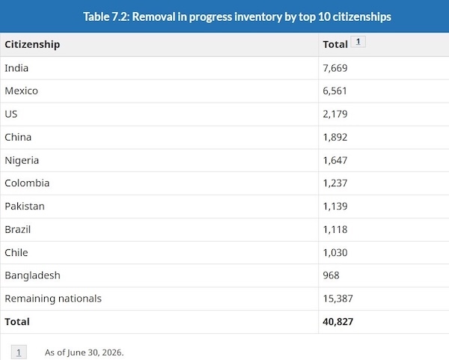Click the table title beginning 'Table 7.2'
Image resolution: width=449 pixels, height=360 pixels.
[237, 16]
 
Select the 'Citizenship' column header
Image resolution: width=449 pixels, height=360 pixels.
[32, 45]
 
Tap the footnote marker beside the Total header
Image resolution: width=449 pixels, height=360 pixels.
[358, 42]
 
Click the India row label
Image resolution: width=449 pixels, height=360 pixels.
[16, 68]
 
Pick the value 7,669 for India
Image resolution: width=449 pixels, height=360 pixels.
[335, 68]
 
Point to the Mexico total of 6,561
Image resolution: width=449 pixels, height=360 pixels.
[335, 91]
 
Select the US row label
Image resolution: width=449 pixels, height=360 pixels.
[11, 114]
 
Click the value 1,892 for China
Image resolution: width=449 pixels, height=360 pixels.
[335, 137]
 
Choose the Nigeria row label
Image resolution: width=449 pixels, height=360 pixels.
[22, 160]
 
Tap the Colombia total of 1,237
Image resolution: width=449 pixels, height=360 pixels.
[335, 183]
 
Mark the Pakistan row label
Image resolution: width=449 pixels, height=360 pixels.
[25, 207]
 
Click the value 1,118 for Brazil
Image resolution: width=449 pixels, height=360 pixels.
[335, 230]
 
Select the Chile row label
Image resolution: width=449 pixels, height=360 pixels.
[16, 253]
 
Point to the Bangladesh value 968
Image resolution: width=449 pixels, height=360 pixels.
[331, 275]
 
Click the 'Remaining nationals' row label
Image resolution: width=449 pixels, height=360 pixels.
[53, 299]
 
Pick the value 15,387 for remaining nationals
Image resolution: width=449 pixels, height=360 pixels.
[338, 299]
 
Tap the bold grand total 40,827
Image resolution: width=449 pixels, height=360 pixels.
[338, 322]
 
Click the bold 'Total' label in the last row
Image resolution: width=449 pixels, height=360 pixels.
[17, 322]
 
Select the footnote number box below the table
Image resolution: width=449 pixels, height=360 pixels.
[19, 353]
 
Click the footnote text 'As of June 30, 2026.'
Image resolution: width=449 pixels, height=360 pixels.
[84, 353]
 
